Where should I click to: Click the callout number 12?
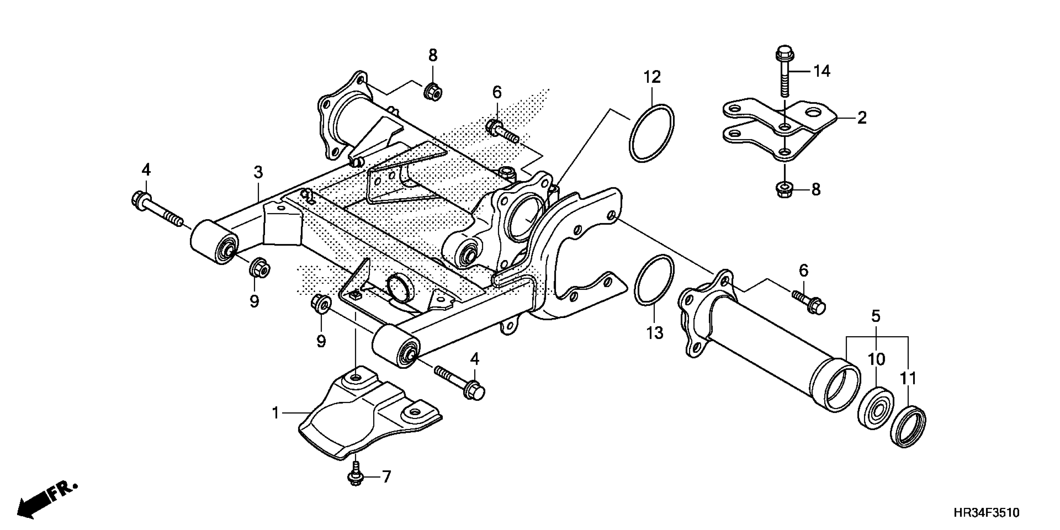(652, 77)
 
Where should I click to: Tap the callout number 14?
(822, 72)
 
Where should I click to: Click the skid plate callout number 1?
(276, 413)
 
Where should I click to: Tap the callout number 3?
(258, 172)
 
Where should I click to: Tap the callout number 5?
(876, 316)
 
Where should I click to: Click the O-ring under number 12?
(651, 134)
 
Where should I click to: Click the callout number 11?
(908, 378)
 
